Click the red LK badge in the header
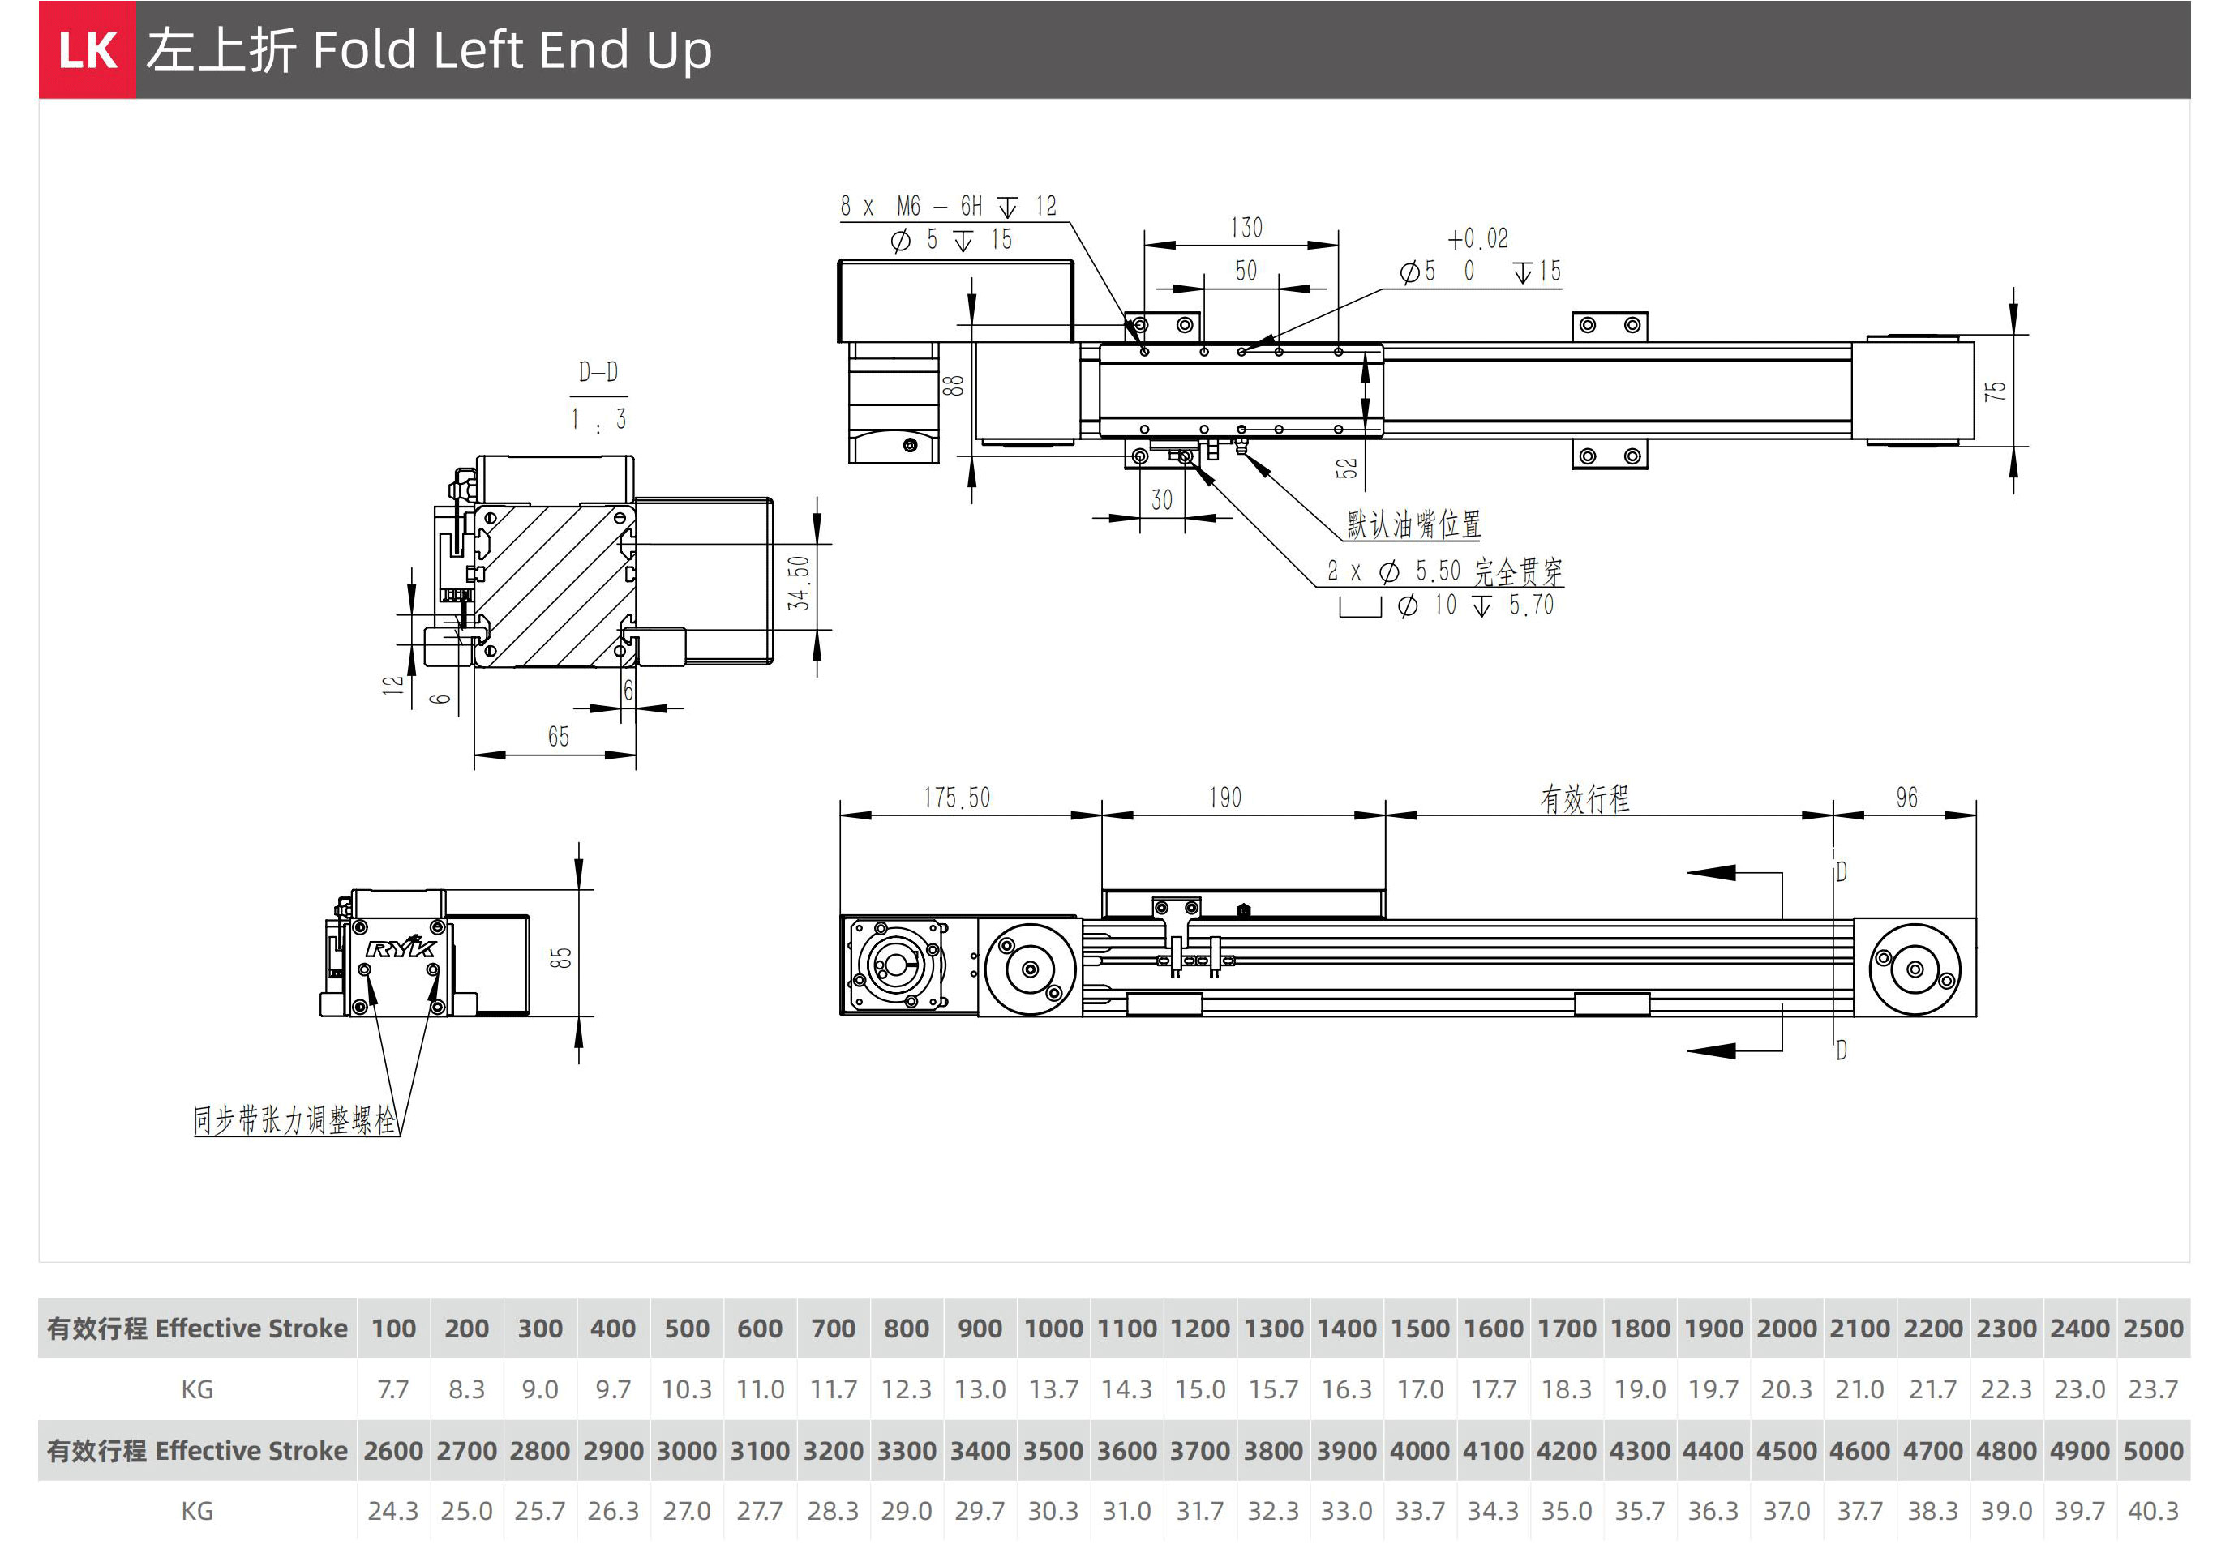tap(87, 49)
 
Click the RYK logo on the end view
tap(401, 947)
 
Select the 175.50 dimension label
tap(957, 798)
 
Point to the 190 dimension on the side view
tap(1225, 798)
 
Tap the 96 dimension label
tap(1906, 798)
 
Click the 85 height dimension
tap(560, 957)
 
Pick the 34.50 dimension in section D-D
tap(799, 583)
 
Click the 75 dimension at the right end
tap(1995, 391)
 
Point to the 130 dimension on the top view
tap(1246, 229)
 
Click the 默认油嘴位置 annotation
tap(1413, 525)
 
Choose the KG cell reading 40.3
tap(2152, 1511)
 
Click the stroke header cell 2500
tap(2152, 1329)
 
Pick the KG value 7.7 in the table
tap(393, 1389)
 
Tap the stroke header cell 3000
tap(686, 1450)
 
